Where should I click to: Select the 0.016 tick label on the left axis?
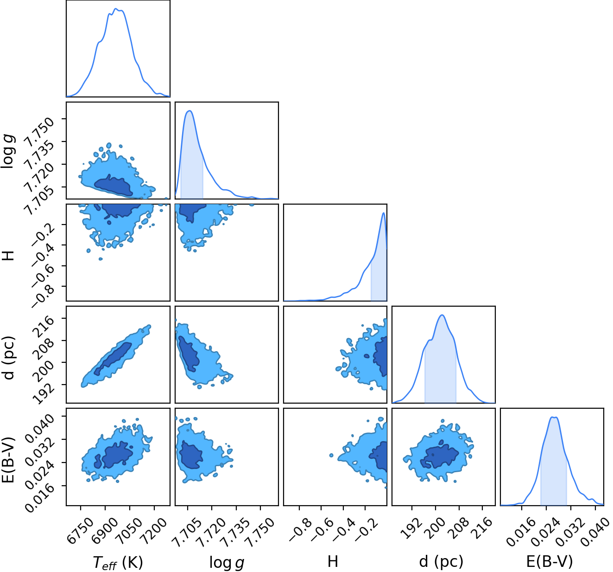coord(39,497)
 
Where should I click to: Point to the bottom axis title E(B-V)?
coord(549,561)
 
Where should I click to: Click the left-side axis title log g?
coord(8,151)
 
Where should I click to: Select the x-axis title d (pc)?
coord(441,561)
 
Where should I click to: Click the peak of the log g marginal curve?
coord(190,111)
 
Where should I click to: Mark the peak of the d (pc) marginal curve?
coord(442,315)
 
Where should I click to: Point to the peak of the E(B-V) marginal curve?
coord(552,417)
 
